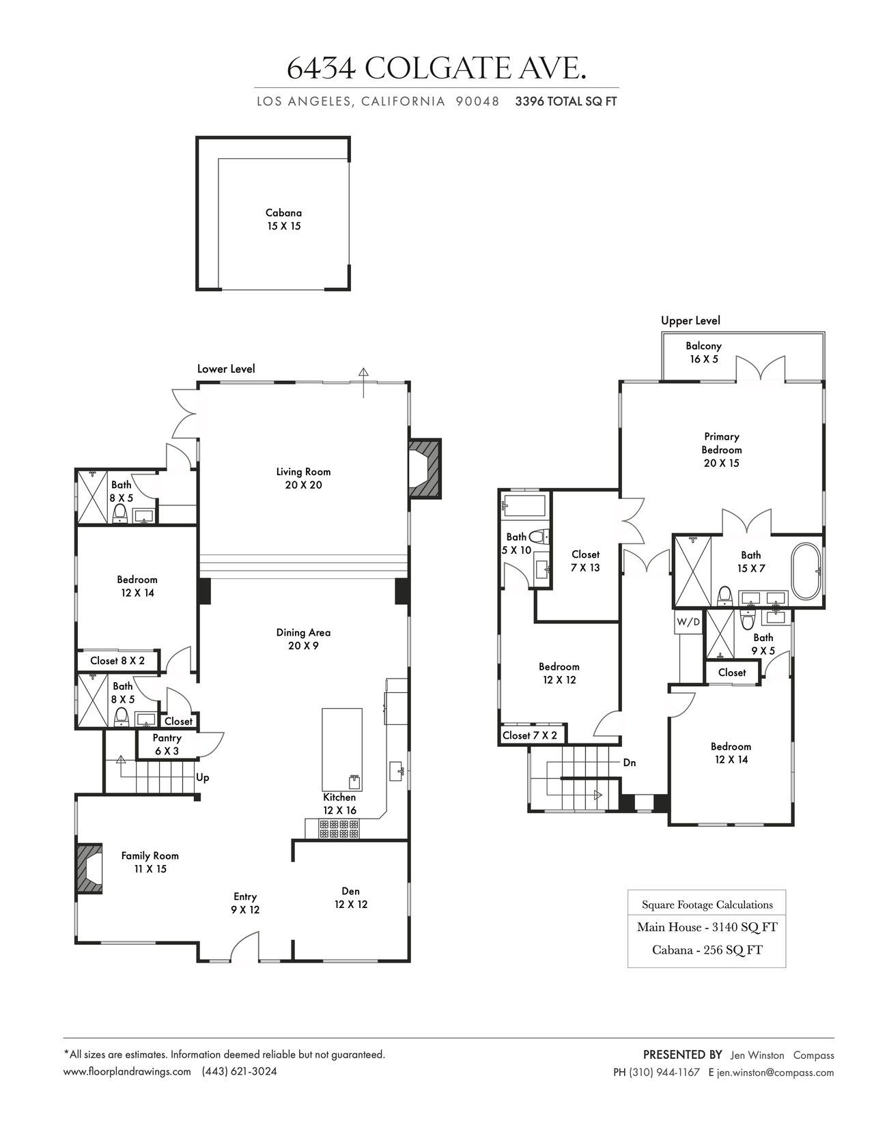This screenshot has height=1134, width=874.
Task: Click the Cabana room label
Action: (x=283, y=219)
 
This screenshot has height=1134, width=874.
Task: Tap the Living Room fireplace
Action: (x=425, y=468)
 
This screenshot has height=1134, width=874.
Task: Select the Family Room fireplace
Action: (x=89, y=868)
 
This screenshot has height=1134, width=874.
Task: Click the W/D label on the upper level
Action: (x=688, y=622)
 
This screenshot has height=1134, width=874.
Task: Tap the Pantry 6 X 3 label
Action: (x=167, y=744)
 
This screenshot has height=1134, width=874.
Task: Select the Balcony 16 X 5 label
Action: (x=703, y=352)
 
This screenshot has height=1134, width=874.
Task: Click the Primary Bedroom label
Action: (x=722, y=449)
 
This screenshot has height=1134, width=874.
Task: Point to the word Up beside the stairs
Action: (x=203, y=778)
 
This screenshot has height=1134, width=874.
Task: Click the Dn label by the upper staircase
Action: (x=630, y=763)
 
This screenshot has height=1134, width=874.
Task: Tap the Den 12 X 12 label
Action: (x=351, y=898)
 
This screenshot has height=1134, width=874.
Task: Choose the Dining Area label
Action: (x=303, y=639)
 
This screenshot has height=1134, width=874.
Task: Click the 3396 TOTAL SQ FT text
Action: (x=565, y=101)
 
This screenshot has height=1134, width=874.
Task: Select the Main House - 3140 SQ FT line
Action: (x=707, y=927)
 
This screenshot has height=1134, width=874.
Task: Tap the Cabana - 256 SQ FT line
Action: (x=707, y=950)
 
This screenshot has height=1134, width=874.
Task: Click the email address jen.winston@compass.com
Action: (x=775, y=1073)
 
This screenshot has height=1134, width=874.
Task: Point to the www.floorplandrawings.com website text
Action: (x=127, y=1071)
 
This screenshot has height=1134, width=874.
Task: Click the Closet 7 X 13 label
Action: (x=585, y=561)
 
